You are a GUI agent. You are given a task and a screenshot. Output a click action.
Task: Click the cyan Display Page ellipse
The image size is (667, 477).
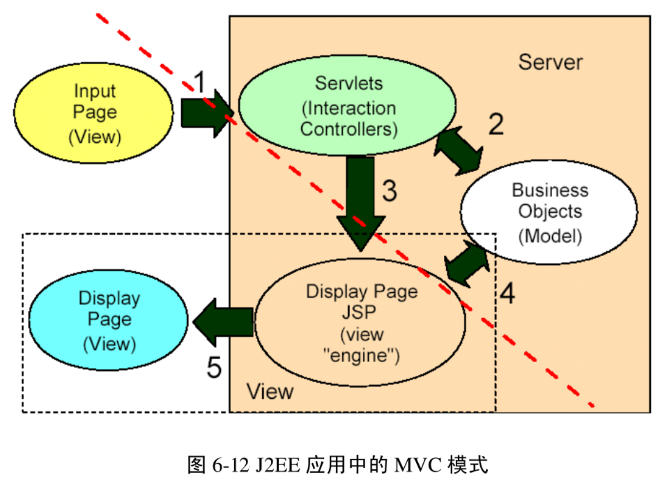(109, 320)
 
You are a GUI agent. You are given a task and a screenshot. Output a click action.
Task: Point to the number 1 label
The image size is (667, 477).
(200, 84)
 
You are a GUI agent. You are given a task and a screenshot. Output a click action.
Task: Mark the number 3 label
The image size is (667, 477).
(389, 191)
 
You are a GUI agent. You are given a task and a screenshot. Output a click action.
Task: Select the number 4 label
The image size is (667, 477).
(506, 294)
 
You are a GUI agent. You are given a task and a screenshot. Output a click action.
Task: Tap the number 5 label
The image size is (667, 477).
(214, 367)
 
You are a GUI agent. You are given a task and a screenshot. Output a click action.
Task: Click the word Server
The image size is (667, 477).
(550, 61)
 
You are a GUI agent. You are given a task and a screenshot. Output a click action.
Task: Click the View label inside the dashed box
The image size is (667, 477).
(270, 391)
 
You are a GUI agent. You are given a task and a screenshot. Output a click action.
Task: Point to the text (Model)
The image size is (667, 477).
(550, 237)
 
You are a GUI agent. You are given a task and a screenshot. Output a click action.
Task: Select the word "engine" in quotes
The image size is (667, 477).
(361, 355)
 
